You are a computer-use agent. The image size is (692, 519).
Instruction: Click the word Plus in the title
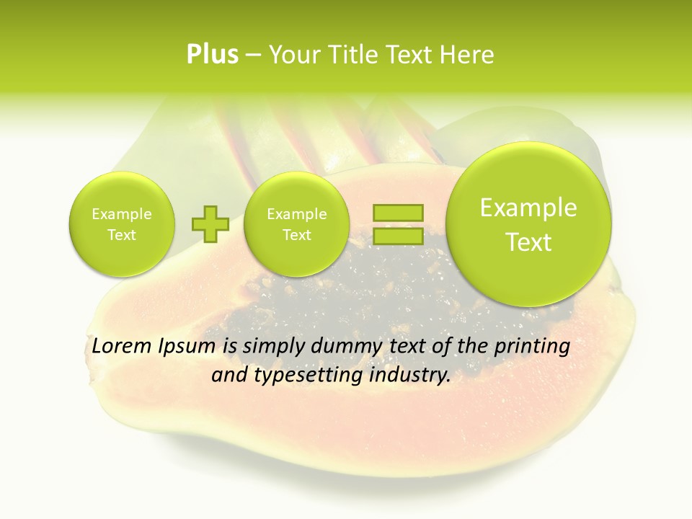pyautogui.click(x=212, y=55)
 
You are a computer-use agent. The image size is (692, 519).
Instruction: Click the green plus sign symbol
pyautogui.click(x=210, y=224)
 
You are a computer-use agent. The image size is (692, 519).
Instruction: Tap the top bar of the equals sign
pyautogui.click(x=397, y=213)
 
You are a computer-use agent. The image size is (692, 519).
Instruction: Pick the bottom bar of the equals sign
pyautogui.click(x=397, y=236)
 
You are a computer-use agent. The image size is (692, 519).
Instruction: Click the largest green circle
pyautogui.click(x=528, y=223)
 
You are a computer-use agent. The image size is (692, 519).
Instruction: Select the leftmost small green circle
pyautogui.click(x=122, y=224)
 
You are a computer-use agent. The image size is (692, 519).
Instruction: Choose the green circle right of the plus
pyautogui.click(x=296, y=224)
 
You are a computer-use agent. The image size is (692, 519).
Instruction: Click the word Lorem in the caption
pyautogui.click(x=122, y=346)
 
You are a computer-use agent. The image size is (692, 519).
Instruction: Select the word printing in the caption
pyautogui.click(x=531, y=347)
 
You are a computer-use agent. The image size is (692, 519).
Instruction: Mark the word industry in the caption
pyautogui.click(x=412, y=376)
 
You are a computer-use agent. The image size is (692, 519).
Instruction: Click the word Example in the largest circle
pyautogui.click(x=528, y=208)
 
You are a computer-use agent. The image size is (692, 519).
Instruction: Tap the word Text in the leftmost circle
pyautogui.click(x=122, y=235)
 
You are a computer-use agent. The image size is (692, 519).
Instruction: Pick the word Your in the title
pyautogui.click(x=293, y=55)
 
